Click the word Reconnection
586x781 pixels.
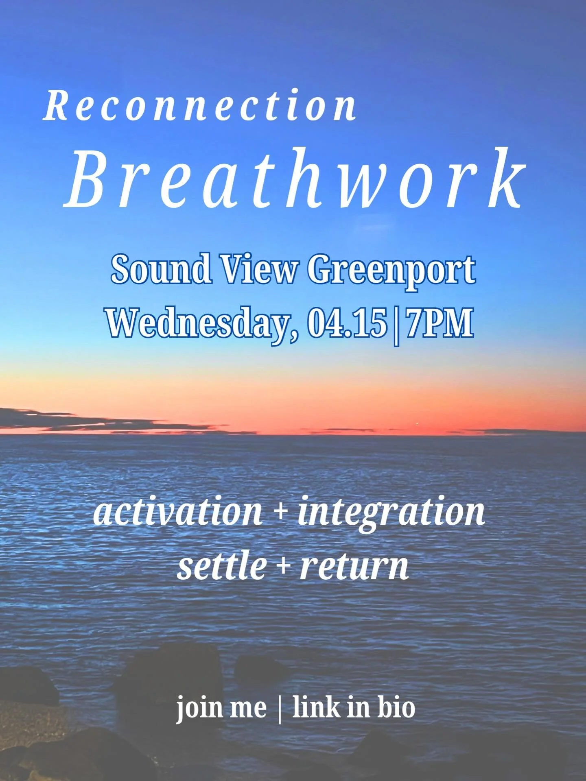coord(200,107)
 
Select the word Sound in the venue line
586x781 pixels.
coord(161,269)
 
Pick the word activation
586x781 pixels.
coord(178,511)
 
